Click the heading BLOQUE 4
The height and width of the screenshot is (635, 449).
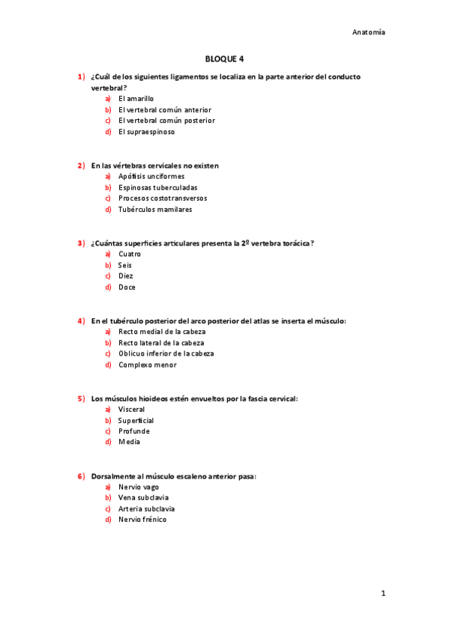(x=224, y=58)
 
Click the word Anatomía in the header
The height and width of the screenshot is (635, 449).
(x=369, y=32)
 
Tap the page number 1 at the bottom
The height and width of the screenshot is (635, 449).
(x=382, y=593)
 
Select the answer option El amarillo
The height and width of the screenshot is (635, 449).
(x=136, y=98)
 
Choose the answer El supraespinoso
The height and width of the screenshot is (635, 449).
(x=146, y=132)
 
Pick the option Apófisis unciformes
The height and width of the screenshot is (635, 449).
(x=151, y=177)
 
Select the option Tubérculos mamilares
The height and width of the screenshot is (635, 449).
(x=154, y=210)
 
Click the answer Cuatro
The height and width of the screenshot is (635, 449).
(x=130, y=254)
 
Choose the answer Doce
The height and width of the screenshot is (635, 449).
(x=127, y=287)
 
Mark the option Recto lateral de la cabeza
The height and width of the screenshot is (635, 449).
(x=161, y=343)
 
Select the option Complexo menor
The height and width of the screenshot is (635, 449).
(x=148, y=365)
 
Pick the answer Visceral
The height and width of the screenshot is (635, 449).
(x=131, y=410)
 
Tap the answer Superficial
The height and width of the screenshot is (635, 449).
(x=136, y=420)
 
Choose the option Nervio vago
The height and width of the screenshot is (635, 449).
(x=139, y=487)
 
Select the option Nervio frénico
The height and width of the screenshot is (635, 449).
(x=142, y=520)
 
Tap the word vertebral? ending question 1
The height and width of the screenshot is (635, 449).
(x=109, y=88)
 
